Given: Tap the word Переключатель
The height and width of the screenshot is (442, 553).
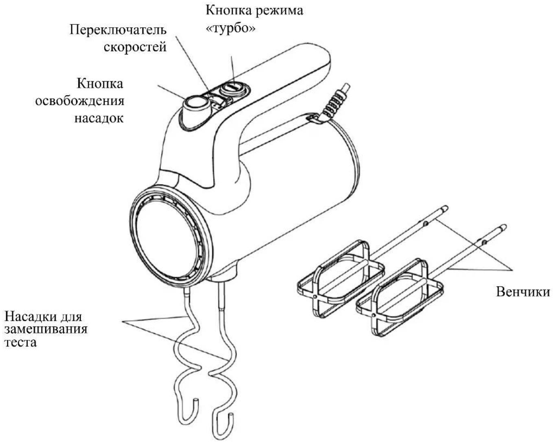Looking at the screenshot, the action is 118,30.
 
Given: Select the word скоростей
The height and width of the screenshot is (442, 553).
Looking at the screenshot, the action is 135,48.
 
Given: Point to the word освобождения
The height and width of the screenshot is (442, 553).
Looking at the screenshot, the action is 80,101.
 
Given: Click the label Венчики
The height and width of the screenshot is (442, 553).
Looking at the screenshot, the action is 523,292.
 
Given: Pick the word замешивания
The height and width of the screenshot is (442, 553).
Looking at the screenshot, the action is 46,330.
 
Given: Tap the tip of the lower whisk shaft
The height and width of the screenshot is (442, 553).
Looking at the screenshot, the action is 504,227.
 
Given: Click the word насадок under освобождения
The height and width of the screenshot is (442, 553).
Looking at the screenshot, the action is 99,118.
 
